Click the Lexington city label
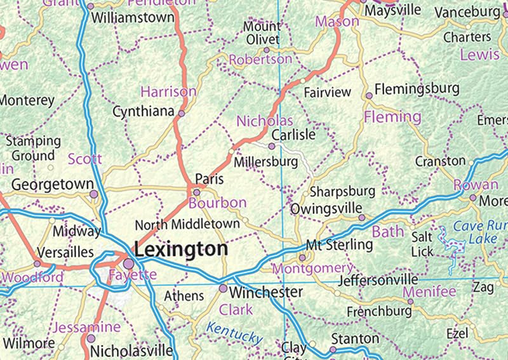pos(181,249)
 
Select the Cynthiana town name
pos(143,112)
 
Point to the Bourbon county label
pos(217,203)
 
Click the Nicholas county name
pos(265,121)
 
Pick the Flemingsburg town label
pos(417,90)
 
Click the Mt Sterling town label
pos(339,244)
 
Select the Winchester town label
pos(265,292)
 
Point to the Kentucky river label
pos(234,333)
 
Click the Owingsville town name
pos(326,208)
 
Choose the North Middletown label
pos(187,223)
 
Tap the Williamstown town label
pos(132,18)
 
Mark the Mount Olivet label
pos(262,32)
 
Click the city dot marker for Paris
pos(197,192)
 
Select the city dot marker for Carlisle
pos(272,146)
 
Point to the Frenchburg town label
pos(379,312)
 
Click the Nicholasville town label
pos(131,350)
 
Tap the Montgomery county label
pos(312,269)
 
